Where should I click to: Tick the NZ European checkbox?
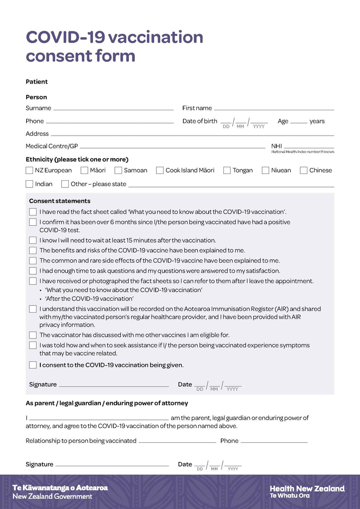pyautogui.click(x=29, y=171)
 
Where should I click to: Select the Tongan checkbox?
pyautogui.click(x=227, y=171)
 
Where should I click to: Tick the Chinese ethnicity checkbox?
pyautogui.click(x=304, y=171)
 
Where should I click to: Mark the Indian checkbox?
pyautogui.click(x=29, y=184)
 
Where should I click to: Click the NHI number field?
pyautogui.click(x=309, y=146)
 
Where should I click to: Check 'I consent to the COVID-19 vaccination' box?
pyautogui.click(x=33, y=365)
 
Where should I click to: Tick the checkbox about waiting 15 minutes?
pyautogui.click(x=33, y=241)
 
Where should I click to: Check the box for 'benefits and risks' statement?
pyautogui.click(x=33, y=251)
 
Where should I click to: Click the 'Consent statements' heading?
pyautogui.click(x=60, y=201)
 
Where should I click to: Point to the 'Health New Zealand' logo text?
pyautogui.click(x=307, y=489)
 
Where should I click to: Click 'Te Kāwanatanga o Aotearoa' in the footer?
pyautogui.click(x=60, y=488)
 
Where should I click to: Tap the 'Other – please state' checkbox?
pyautogui.click(x=65, y=184)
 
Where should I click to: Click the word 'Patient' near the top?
pyautogui.click(x=37, y=82)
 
